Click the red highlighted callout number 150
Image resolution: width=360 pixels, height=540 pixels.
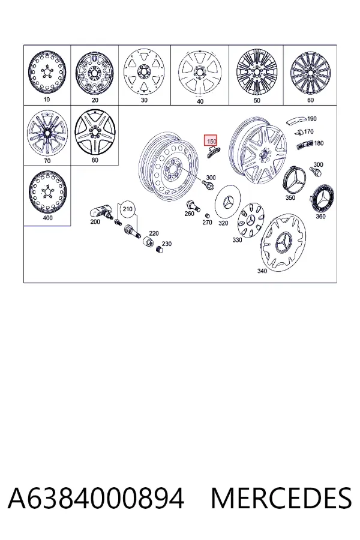tap(211, 141)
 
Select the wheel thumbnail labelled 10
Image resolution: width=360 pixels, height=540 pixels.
tap(47, 73)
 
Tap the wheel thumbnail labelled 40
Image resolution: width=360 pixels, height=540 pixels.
tap(200, 73)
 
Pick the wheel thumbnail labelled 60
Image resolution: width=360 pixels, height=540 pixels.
tap(311, 73)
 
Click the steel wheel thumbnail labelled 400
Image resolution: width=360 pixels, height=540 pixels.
tap(47, 192)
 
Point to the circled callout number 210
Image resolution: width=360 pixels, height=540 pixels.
tap(127, 209)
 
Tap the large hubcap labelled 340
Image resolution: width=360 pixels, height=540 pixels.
tap(283, 242)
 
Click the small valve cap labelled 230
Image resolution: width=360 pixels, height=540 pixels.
tap(159, 249)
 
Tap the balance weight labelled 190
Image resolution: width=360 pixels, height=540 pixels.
tap(296, 120)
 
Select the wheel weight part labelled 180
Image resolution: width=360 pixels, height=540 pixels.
tap(305, 145)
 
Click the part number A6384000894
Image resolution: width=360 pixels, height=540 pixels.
tap(96, 498)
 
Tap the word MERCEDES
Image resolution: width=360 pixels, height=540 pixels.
tap(281, 498)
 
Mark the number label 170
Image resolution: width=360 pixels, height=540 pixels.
tap(308, 131)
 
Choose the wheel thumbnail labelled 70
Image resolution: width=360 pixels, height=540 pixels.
tap(47, 133)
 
